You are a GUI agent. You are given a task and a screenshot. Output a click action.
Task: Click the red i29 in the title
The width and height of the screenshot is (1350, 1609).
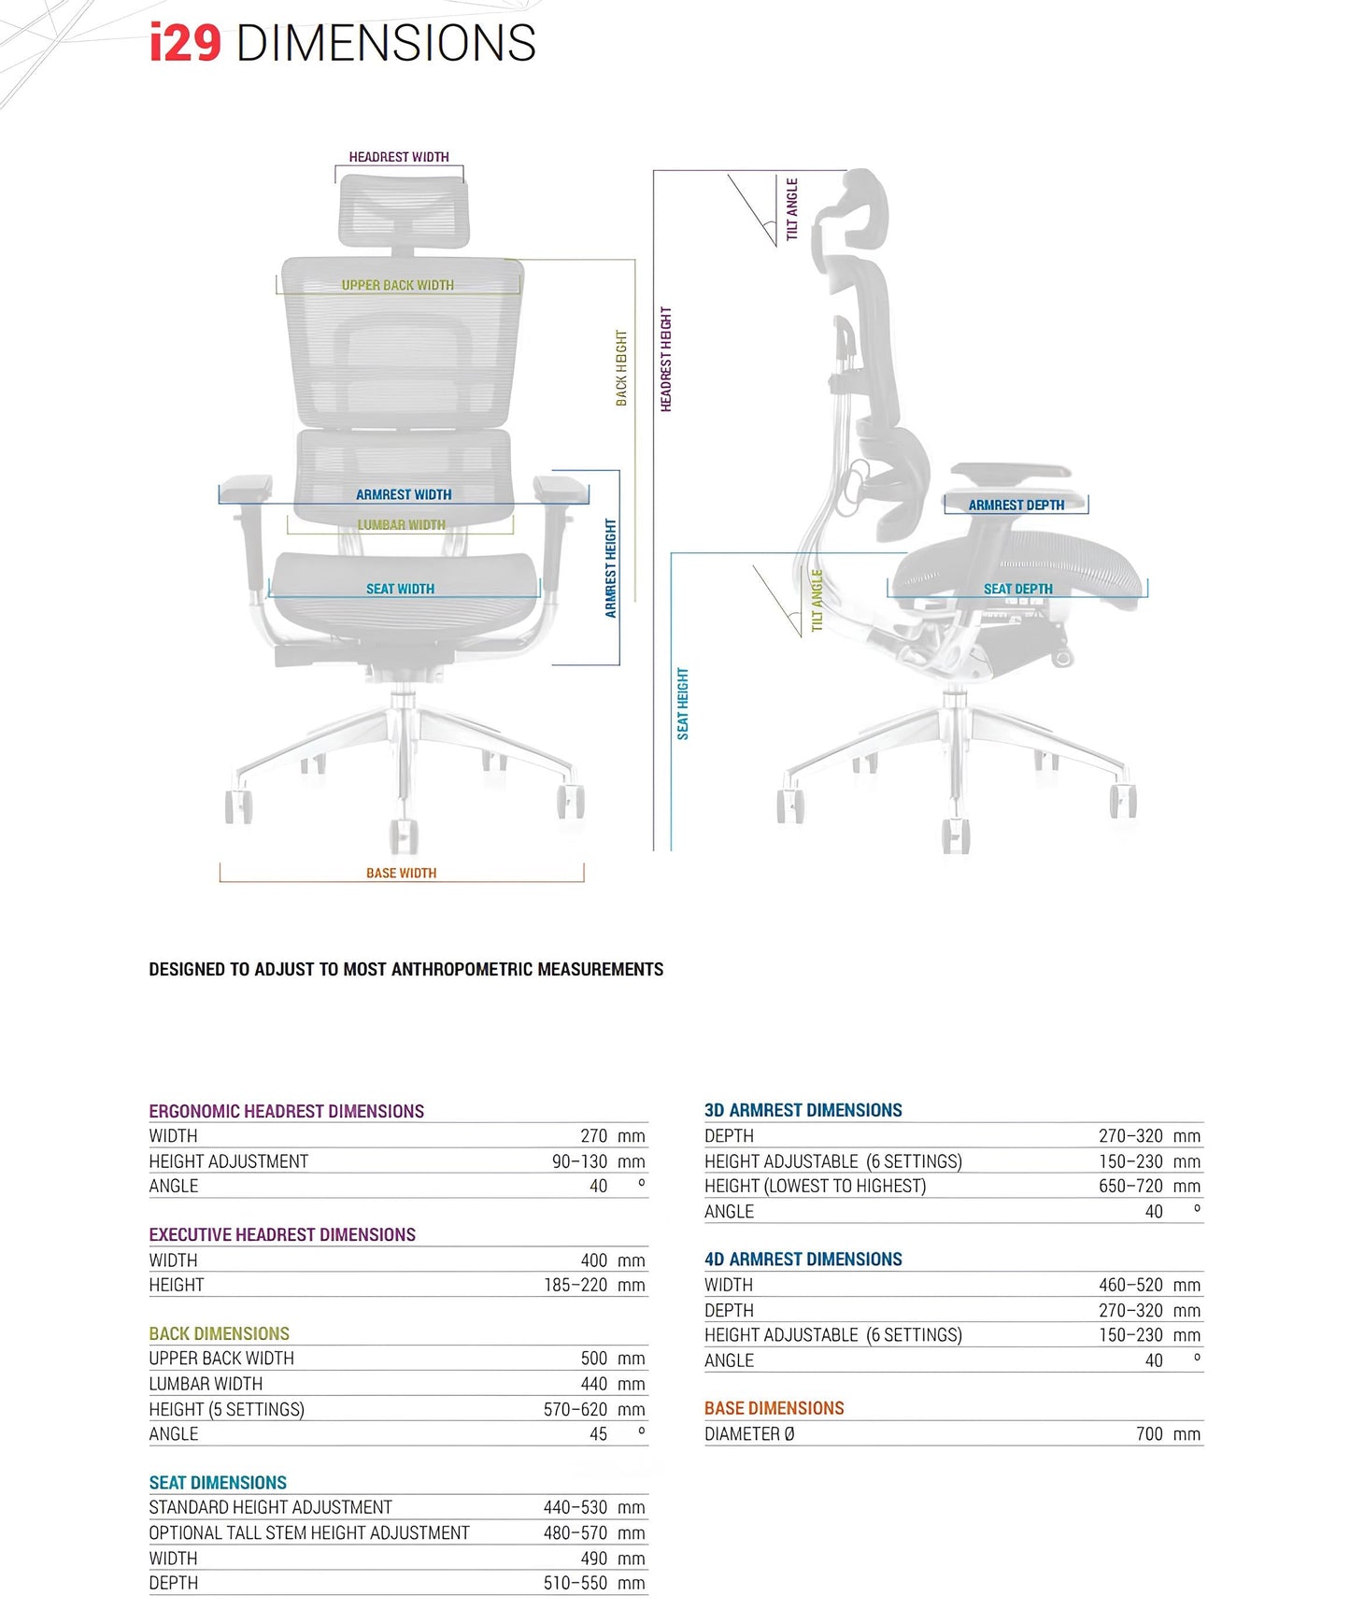click(185, 44)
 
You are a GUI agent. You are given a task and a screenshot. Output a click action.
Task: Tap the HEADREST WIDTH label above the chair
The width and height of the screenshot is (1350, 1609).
click(399, 157)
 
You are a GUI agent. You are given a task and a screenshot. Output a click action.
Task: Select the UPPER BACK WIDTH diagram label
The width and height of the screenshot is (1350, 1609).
click(397, 285)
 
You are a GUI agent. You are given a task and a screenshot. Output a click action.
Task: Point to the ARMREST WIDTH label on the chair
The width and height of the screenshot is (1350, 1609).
click(404, 494)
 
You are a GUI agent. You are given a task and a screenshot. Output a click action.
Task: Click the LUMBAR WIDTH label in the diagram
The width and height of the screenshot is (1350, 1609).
click(402, 525)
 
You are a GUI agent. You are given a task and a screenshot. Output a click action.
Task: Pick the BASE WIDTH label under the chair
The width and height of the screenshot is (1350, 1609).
click(401, 873)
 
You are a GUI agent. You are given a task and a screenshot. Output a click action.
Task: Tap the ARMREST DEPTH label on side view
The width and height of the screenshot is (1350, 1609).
click(1016, 505)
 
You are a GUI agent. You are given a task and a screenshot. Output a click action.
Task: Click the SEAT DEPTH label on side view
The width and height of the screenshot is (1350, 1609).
click(1017, 589)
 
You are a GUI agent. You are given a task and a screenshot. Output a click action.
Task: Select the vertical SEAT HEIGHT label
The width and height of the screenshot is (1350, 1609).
click(683, 704)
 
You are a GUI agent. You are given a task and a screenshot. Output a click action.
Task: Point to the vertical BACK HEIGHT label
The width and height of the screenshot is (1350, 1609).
click(621, 367)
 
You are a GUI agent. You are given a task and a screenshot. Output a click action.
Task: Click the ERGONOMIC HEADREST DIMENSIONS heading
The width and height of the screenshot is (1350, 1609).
click(286, 1111)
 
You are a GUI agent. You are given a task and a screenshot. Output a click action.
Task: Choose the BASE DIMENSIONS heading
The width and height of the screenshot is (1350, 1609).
click(774, 1408)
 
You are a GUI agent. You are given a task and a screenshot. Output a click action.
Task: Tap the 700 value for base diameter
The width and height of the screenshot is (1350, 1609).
click(1149, 1434)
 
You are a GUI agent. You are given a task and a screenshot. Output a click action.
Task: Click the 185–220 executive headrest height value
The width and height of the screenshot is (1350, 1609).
click(576, 1285)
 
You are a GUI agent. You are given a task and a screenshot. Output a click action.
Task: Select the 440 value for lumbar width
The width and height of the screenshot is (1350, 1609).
click(594, 1384)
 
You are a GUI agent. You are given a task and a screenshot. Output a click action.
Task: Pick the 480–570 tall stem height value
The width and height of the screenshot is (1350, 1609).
click(576, 1533)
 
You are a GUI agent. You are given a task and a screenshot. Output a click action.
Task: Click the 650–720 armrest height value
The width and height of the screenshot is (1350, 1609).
click(1130, 1186)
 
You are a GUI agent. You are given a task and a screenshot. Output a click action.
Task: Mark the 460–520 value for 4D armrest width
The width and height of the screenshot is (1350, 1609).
click(1130, 1285)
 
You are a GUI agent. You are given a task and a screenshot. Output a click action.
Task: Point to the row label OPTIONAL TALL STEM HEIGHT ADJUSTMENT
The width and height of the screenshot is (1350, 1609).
click(309, 1533)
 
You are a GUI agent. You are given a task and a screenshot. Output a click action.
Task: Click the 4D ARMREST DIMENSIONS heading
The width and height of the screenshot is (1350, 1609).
click(803, 1259)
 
